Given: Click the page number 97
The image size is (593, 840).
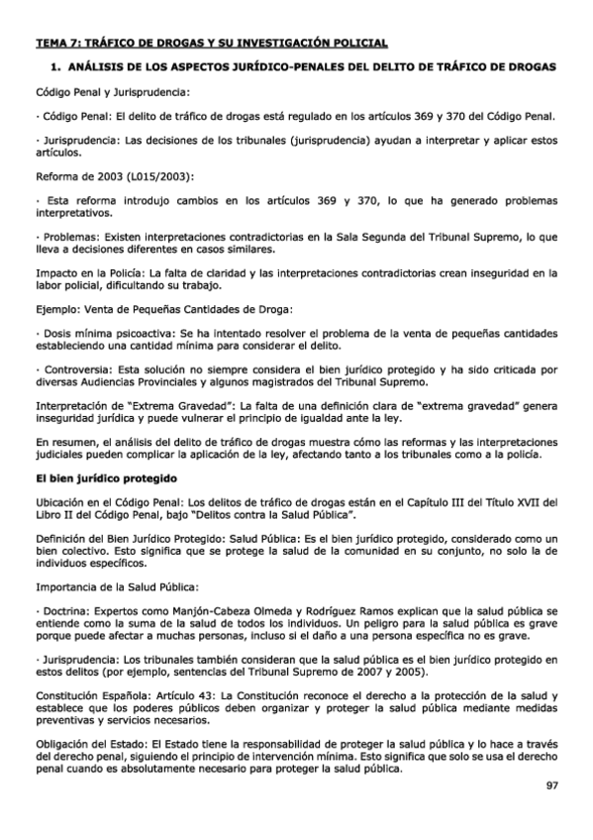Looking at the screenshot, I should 551,787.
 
